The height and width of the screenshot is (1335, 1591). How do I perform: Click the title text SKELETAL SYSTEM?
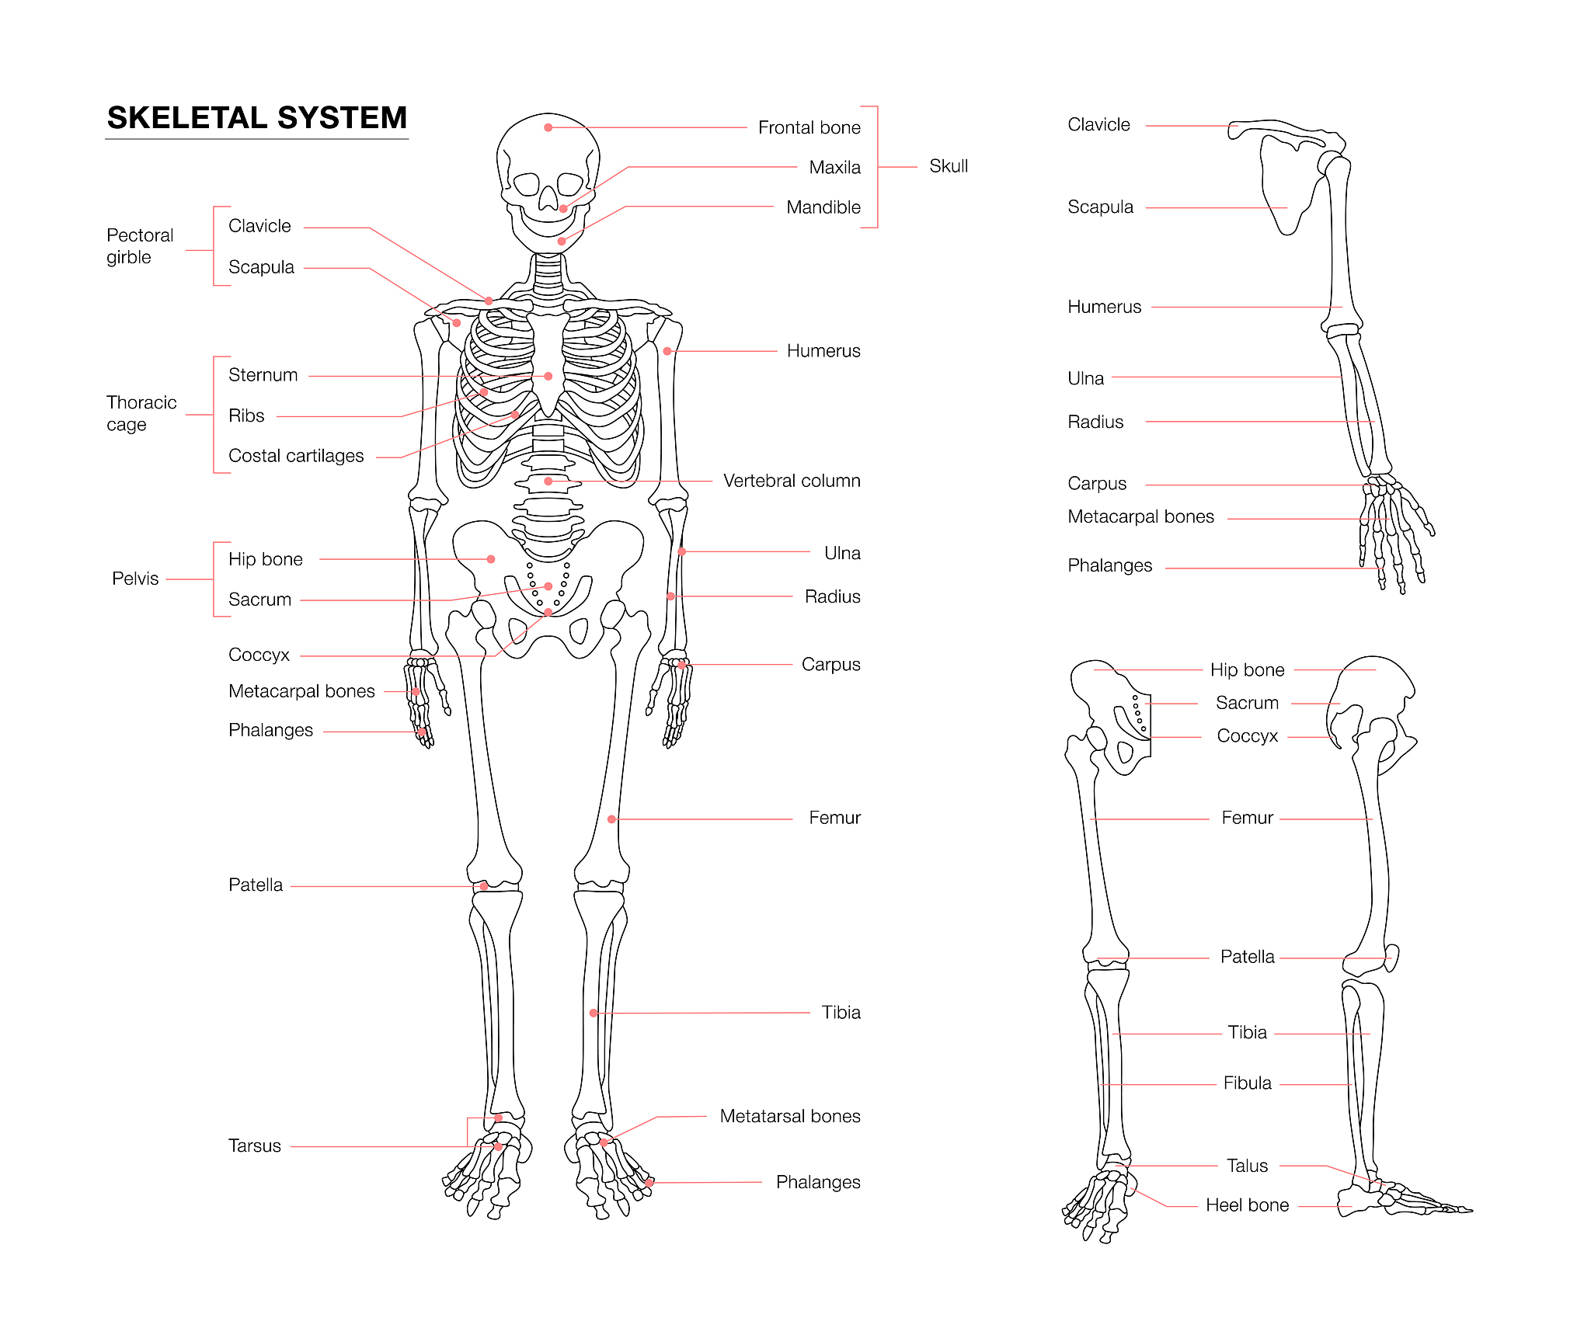click(257, 118)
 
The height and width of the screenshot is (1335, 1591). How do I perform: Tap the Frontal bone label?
click(809, 127)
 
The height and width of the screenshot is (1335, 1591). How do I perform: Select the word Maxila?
click(834, 167)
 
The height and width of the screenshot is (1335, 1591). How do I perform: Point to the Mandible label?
click(823, 207)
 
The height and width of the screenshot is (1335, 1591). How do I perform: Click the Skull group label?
click(949, 166)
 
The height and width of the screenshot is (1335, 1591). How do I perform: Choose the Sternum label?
click(263, 375)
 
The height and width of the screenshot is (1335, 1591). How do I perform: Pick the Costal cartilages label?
click(296, 456)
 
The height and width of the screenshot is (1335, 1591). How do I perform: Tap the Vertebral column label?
click(792, 481)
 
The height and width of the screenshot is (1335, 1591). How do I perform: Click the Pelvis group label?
click(135, 579)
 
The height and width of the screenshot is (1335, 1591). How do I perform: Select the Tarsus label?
click(255, 1146)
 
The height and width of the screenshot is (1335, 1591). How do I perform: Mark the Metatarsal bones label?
click(790, 1116)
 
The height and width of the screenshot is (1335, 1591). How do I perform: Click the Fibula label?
click(1248, 1083)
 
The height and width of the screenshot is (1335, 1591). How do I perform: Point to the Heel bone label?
click(1248, 1205)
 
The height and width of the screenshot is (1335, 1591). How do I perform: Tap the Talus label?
click(1248, 1166)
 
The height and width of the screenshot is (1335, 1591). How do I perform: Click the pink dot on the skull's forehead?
click(548, 127)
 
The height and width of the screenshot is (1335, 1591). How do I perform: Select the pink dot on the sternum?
click(548, 376)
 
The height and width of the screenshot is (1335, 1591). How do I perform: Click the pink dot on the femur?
click(612, 819)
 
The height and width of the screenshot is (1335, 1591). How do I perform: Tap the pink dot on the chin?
click(562, 242)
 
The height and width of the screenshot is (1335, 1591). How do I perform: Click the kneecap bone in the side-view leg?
click(1392, 958)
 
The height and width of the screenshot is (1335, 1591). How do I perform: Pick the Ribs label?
click(246, 415)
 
